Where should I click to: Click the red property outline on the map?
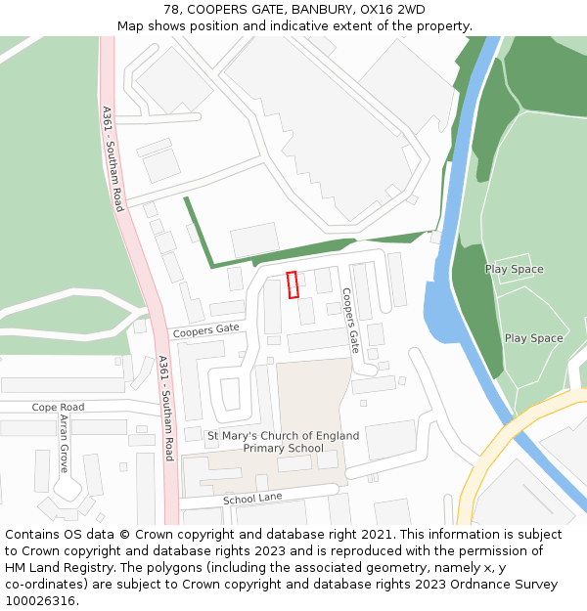coord(292,284)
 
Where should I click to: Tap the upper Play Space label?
coord(514,269)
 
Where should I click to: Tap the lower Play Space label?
coord(533,338)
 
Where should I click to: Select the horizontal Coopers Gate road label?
coord(206,331)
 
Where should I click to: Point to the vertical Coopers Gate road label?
coord(350,320)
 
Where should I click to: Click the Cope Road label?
coord(58,407)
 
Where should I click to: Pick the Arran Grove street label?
coord(65,443)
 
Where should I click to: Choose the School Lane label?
coord(252,499)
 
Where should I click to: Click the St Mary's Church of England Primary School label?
coord(283,442)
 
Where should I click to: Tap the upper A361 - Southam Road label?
coord(113,158)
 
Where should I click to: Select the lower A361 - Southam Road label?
coord(165,409)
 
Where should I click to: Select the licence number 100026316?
coord(42,600)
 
